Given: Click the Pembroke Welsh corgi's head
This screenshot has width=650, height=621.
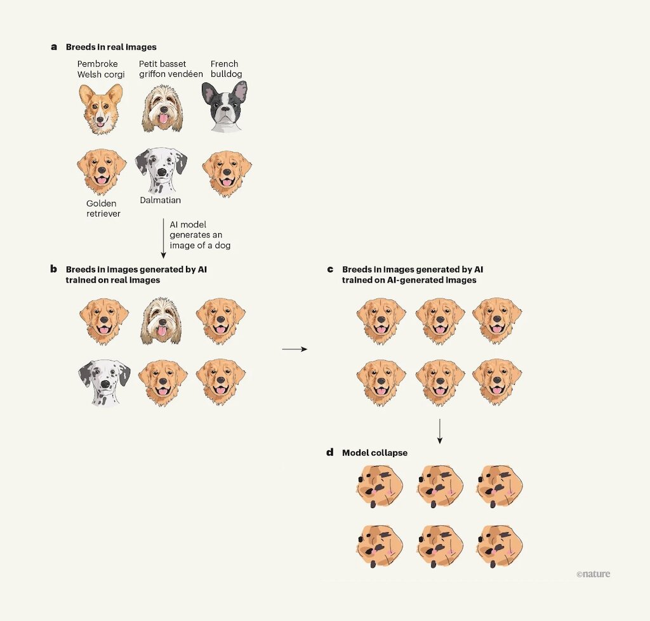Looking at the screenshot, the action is [x=101, y=109].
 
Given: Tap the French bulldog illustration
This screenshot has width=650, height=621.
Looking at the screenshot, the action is [x=224, y=107].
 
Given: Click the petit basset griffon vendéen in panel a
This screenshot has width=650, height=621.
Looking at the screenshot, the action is [x=162, y=109].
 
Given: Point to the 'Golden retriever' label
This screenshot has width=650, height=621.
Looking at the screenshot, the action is [x=103, y=208].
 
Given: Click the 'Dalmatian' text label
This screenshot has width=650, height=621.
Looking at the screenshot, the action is [x=161, y=200].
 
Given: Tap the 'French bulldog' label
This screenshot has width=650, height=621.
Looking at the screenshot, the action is [x=227, y=69].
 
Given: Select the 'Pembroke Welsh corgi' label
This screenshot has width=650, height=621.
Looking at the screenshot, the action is [x=101, y=69].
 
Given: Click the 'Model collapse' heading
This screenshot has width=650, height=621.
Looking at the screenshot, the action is [x=375, y=453].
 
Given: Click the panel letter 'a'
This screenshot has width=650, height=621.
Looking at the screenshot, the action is [x=54, y=47].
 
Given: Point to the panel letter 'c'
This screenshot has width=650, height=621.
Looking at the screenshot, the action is [x=330, y=269].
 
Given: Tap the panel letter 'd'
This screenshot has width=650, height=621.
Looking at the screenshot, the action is [x=330, y=452].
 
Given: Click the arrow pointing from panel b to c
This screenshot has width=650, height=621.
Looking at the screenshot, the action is [x=295, y=349].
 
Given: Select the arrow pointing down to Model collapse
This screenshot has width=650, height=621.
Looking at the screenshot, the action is [x=440, y=431].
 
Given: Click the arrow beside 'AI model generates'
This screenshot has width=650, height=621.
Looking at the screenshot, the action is [x=163, y=238].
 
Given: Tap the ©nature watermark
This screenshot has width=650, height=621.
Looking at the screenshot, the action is [x=594, y=574].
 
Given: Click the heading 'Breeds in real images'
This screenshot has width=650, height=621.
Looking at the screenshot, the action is [x=111, y=47].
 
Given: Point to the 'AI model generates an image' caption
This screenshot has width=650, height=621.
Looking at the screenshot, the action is [x=200, y=235].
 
